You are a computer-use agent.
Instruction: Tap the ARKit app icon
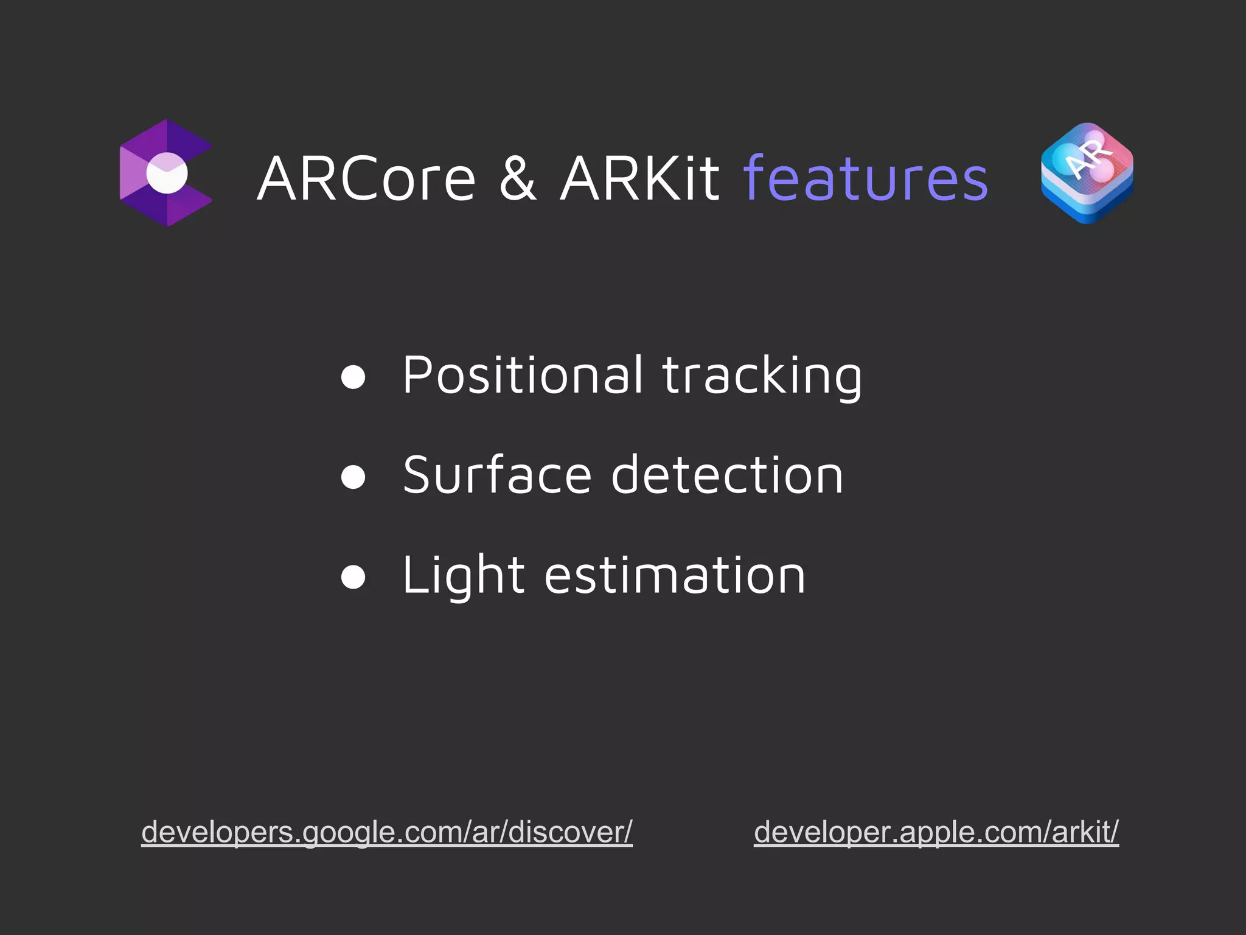tap(1087, 173)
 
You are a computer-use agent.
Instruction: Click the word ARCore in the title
tap(366, 178)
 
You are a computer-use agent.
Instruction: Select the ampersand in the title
tap(518, 178)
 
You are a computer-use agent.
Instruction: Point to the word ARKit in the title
tap(639, 178)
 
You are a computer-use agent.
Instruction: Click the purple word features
tap(865, 178)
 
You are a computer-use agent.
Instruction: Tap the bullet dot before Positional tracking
tap(353, 377)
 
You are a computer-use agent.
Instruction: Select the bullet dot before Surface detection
tap(353, 477)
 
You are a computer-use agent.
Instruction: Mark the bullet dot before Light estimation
tap(353, 576)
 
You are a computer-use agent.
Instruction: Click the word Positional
tap(522, 376)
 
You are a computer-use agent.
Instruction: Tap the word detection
tap(727, 475)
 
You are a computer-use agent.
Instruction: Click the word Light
tap(463, 576)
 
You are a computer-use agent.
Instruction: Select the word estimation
tap(675, 576)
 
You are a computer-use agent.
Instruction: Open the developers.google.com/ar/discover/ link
tap(387, 832)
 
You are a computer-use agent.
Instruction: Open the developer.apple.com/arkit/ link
tap(936, 832)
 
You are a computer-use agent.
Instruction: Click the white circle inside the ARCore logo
tap(167, 173)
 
